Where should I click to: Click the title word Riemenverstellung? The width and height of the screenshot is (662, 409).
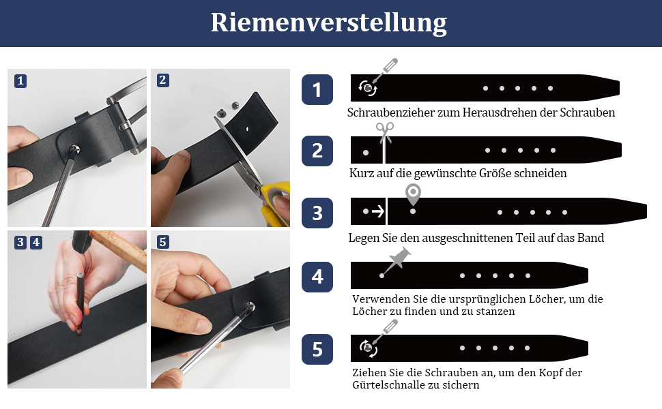point(328,22)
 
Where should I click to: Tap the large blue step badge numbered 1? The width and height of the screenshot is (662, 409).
point(317,89)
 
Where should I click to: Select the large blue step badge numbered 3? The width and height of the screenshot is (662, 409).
point(317,213)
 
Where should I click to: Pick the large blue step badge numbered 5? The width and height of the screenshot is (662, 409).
point(317,350)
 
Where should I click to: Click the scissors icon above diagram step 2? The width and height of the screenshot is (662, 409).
point(385,133)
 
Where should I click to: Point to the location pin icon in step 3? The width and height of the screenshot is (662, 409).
point(413,194)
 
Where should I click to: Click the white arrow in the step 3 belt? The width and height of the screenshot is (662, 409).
point(378,211)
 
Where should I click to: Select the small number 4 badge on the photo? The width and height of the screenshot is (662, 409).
point(36,243)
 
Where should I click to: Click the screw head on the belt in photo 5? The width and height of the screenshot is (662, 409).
point(250,306)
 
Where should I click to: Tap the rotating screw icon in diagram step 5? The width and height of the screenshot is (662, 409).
point(368,348)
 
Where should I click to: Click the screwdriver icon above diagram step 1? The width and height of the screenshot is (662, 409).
point(385,71)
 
